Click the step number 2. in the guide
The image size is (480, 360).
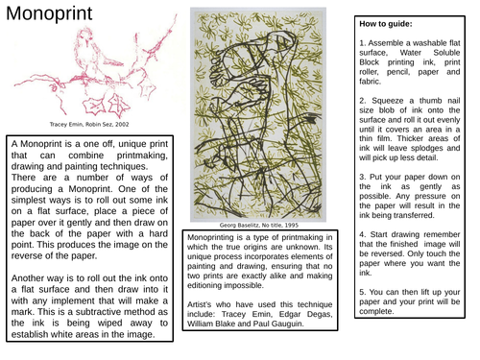tap(361, 100)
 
